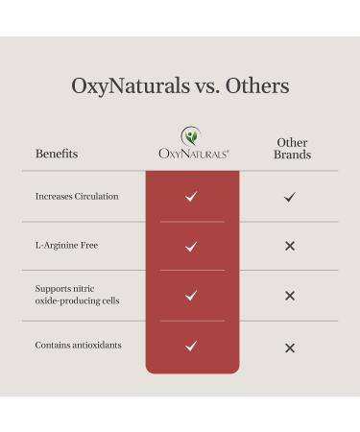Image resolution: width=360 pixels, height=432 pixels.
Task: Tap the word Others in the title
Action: (x=255, y=86)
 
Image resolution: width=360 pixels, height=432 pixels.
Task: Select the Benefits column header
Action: (x=57, y=154)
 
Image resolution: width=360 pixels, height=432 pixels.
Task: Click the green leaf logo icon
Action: (x=192, y=135)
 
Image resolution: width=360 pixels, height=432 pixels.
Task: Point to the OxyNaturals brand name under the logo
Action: (x=192, y=154)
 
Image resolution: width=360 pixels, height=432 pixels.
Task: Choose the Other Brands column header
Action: (x=292, y=148)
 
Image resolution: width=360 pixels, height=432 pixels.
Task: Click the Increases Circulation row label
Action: (x=77, y=197)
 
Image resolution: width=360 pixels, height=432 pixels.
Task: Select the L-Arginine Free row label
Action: (x=66, y=246)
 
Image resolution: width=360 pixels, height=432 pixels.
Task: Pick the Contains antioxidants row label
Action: (x=78, y=345)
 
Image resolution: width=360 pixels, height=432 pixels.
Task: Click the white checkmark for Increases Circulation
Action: (x=191, y=197)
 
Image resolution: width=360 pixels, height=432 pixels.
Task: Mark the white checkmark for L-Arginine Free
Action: (x=191, y=247)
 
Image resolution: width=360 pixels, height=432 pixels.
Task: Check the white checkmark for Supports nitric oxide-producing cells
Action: (x=191, y=296)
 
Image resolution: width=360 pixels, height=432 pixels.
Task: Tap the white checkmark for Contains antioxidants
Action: (x=191, y=346)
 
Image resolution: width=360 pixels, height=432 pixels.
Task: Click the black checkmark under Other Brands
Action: (x=290, y=197)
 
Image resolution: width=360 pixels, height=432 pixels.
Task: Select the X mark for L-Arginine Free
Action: (x=290, y=247)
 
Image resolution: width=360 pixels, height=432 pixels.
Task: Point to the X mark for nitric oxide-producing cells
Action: (x=290, y=296)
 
